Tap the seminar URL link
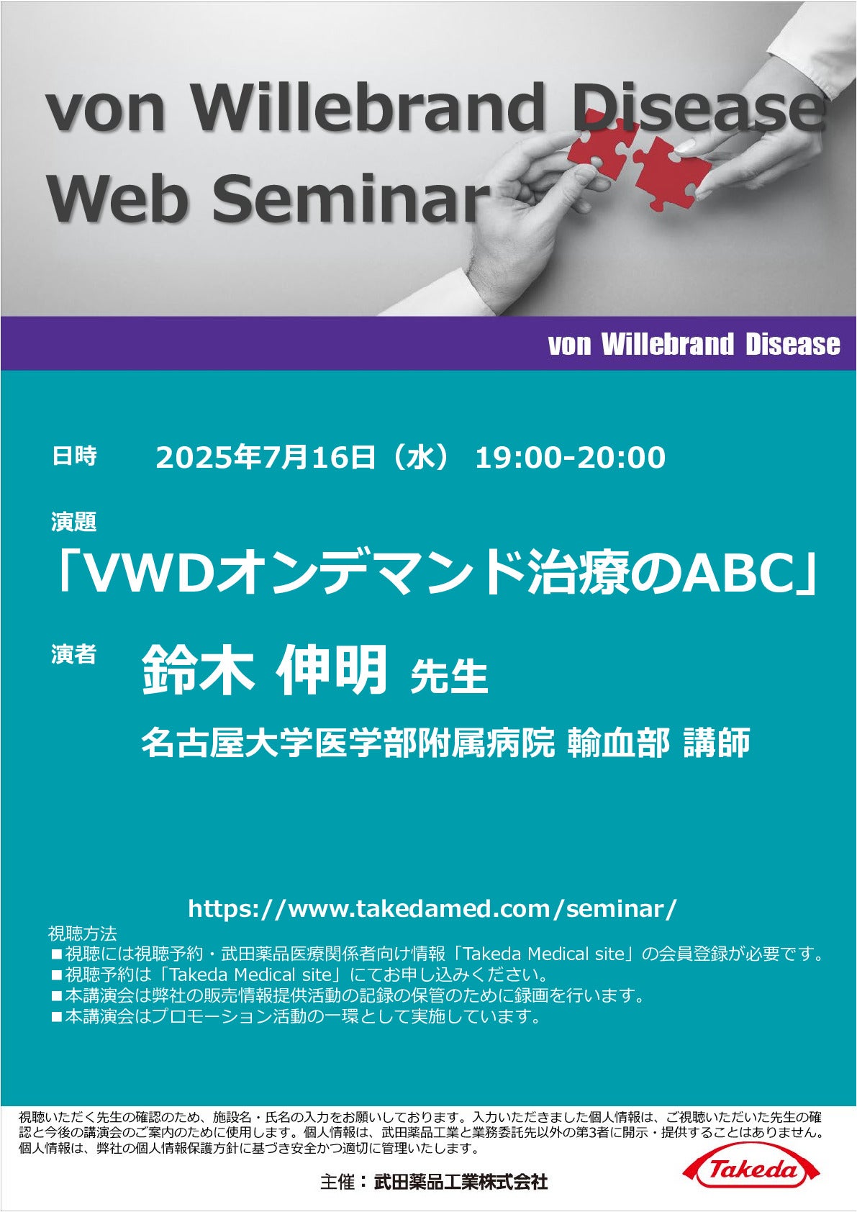pyautogui.click(x=432, y=908)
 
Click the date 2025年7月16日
pyautogui.click(x=266, y=457)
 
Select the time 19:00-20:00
pyautogui.click(x=570, y=458)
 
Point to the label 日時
pyautogui.click(x=74, y=456)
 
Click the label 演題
pyautogui.click(x=74, y=522)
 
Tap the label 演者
pyautogui.click(x=74, y=654)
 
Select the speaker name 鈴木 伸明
pyautogui.click(x=265, y=669)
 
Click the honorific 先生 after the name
pyautogui.click(x=449, y=676)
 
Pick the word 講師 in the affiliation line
pyautogui.click(x=717, y=742)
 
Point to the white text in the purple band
pyautogui.click(x=694, y=344)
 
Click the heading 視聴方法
pyautogui.click(x=82, y=933)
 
